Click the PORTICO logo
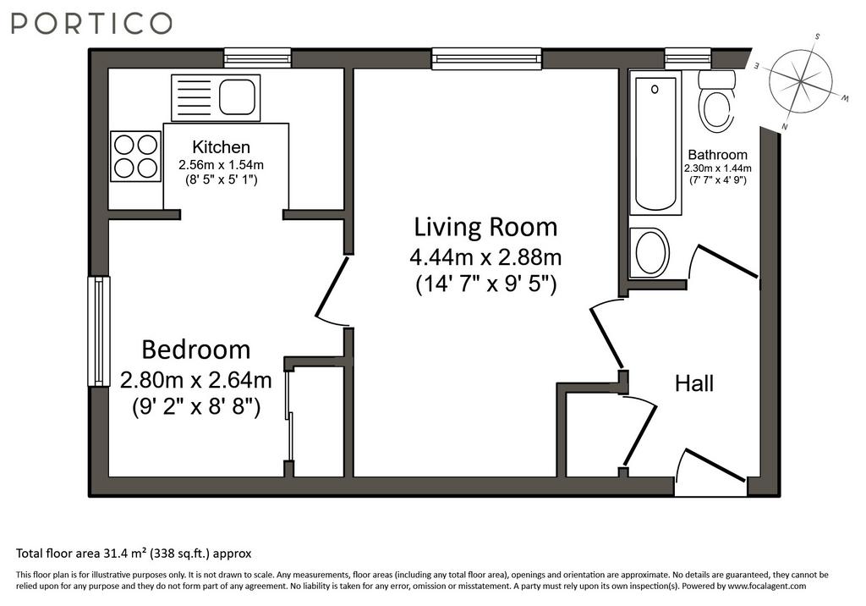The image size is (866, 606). tap(91, 24)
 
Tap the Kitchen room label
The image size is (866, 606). tap(221, 147)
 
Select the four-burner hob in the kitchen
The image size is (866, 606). tap(136, 156)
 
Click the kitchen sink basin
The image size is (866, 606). tap(238, 96)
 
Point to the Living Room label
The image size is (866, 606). tap(486, 227)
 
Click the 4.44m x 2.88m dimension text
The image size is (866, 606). tap(486, 257)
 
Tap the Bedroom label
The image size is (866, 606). tap(196, 350)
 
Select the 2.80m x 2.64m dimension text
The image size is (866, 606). tap(196, 380)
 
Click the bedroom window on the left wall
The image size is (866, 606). tap(99, 331)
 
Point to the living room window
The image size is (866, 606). tap(486, 58)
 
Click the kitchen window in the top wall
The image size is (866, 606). tap(257, 58)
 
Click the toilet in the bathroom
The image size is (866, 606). tap(716, 101)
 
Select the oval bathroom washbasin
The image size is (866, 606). tap(650, 253)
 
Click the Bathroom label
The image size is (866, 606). tap(717, 155)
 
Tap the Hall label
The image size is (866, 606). tap(694, 383)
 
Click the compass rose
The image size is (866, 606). tap(802, 82)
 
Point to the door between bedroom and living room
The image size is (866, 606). tap(332, 289)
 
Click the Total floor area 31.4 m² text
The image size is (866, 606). tap(134, 553)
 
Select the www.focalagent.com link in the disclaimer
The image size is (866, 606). tap(767, 586)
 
